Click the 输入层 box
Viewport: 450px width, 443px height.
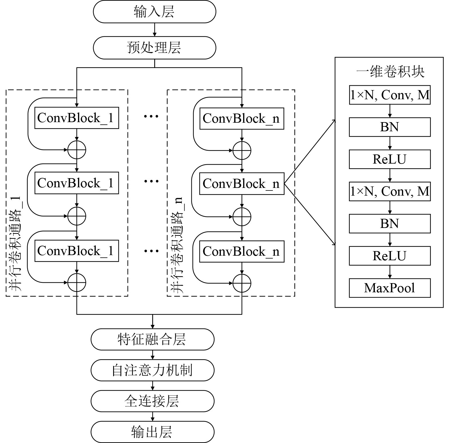[154, 12]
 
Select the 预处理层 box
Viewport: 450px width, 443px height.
[154, 48]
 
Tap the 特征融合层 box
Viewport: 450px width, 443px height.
[152, 339]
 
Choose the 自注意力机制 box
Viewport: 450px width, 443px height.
[152, 370]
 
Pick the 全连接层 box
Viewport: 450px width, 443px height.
[152, 401]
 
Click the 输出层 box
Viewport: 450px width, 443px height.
[152, 432]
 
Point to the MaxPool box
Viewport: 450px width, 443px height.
[390, 288]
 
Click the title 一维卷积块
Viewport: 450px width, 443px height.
[390, 71]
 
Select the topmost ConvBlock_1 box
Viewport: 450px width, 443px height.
[77, 118]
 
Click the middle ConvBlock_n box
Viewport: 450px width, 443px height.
[242, 184]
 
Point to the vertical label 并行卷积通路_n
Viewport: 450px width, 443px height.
[177, 245]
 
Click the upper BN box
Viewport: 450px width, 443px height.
[390, 127]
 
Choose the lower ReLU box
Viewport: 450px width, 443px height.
[390, 256]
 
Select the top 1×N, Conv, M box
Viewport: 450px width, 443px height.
[390, 95]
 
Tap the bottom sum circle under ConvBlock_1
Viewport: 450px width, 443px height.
[77, 283]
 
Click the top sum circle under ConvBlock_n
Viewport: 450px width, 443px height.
[242, 150]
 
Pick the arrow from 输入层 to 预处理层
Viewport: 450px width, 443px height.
[155, 29]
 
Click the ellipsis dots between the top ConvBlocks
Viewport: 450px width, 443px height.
[151, 116]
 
